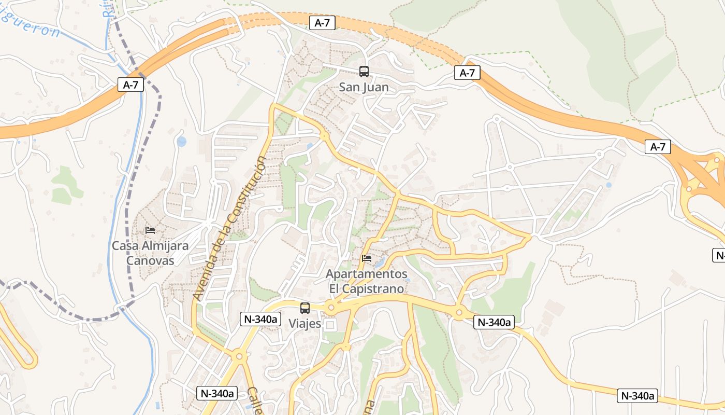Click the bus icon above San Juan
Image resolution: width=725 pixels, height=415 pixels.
click(x=364, y=72)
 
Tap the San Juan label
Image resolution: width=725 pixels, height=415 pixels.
click(x=364, y=87)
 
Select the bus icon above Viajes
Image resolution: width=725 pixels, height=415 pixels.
click(x=305, y=308)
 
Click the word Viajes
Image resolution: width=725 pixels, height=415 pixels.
click(x=304, y=324)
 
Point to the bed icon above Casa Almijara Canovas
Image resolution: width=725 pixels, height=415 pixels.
click(x=150, y=230)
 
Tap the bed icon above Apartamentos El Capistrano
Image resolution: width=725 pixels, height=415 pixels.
click(x=367, y=258)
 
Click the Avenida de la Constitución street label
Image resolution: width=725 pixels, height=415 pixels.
click(x=230, y=228)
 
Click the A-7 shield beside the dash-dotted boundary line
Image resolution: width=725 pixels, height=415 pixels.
click(x=130, y=85)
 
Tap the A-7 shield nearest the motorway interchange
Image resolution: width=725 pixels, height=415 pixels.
click(x=658, y=147)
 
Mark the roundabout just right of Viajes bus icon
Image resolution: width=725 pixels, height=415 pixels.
click(x=331, y=308)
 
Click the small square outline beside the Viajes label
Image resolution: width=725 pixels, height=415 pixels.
click(x=330, y=325)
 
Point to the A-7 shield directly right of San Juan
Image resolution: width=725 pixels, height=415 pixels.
click(x=467, y=73)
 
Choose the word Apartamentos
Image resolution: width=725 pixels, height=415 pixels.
click(x=367, y=274)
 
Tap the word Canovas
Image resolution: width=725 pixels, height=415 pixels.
click(x=150, y=261)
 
